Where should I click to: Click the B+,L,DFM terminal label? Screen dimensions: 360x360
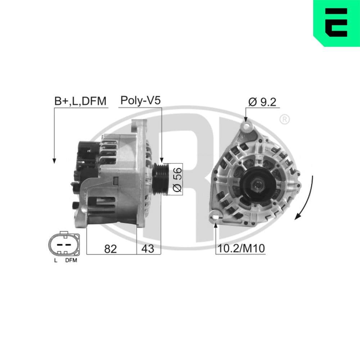click(x=80, y=102)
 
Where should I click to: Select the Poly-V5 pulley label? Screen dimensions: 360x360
click(x=140, y=100)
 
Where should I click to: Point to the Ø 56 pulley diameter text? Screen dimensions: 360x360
click(x=177, y=179)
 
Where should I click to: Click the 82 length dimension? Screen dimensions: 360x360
click(x=111, y=248)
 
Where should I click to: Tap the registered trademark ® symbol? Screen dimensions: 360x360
click(x=284, y=119)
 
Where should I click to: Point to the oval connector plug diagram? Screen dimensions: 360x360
click(x=64, y=244)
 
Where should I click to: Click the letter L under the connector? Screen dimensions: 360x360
click(x=55, y=260)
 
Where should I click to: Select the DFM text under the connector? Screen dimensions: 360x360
click(x=71, y=260)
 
